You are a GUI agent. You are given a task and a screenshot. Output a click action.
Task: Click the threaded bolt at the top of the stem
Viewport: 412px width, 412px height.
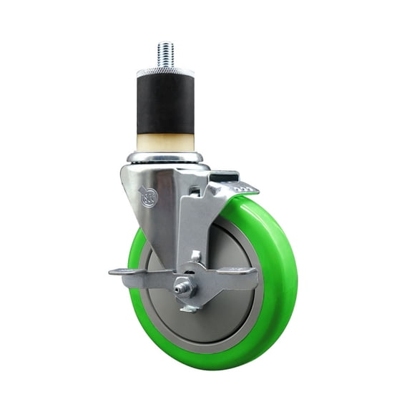click(165, 55)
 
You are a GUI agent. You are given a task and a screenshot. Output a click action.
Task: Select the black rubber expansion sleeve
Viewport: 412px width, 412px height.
click(165, 103)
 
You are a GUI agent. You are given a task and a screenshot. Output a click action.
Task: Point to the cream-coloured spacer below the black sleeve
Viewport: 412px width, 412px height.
click(165, 141)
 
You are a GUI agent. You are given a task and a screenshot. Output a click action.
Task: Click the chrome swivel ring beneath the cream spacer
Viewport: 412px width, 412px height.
click(165, 157)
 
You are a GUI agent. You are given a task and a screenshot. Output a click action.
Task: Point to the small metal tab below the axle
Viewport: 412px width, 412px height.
click(189, 308)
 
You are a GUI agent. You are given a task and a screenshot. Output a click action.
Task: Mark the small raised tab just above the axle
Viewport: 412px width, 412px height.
click(195, 255)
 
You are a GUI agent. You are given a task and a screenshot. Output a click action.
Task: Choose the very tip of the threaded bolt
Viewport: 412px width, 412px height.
click(165, 45)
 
